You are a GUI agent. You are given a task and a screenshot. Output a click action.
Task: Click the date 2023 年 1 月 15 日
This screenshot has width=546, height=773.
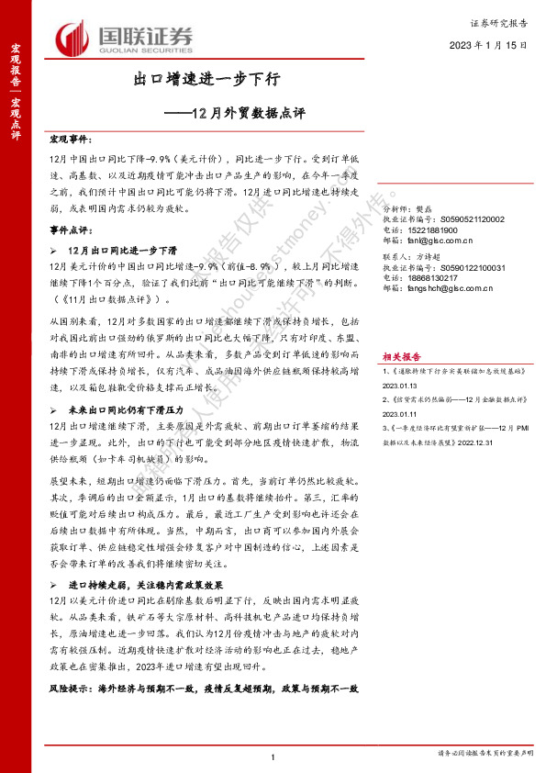(487, 44)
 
